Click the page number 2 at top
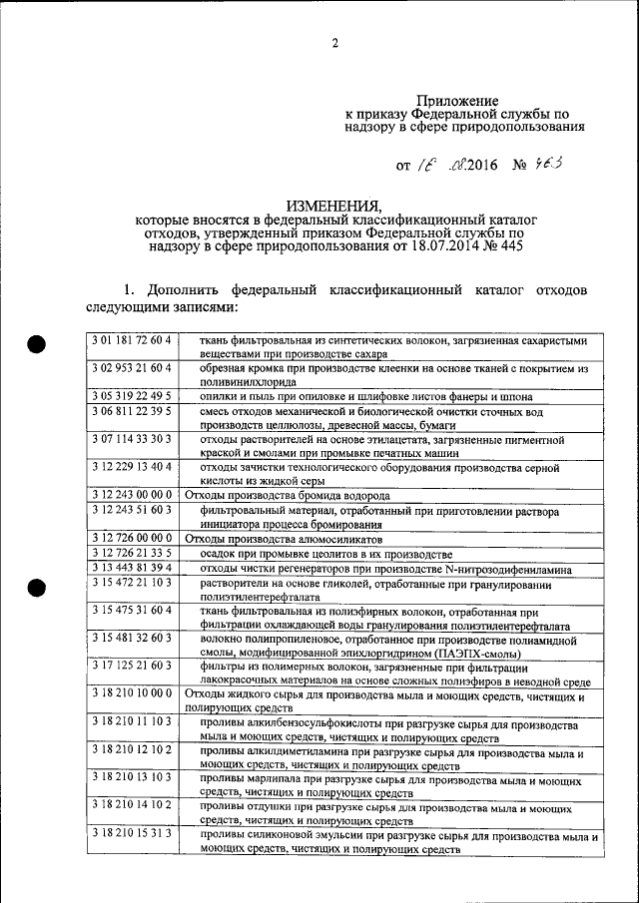pyautogui.click(x=335, y=42)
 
